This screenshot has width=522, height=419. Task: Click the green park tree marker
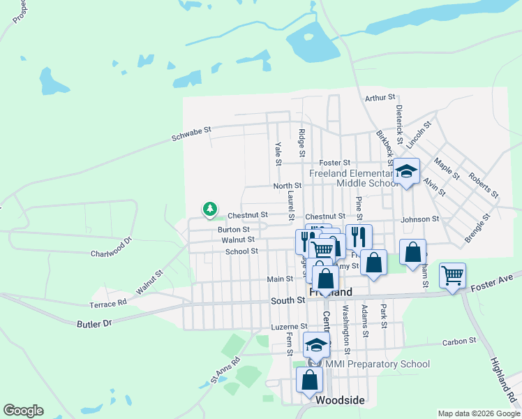coord(209,209)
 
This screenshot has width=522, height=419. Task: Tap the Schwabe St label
coord(191,134)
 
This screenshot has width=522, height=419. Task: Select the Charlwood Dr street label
coord(111,249)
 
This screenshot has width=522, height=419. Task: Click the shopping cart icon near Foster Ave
coord(452,276)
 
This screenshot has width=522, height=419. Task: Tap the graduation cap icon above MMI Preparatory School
coord(316,344)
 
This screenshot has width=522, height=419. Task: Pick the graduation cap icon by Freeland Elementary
coord(405,171)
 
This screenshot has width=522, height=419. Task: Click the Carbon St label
coord(459,341)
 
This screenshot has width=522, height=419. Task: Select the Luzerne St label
coord(289,326)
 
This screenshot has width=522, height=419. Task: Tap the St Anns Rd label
coord(225,372)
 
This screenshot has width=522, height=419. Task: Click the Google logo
coord(23,411)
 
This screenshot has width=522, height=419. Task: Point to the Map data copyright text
coord(478,413)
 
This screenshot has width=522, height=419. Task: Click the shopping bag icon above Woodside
coord(309,380)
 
